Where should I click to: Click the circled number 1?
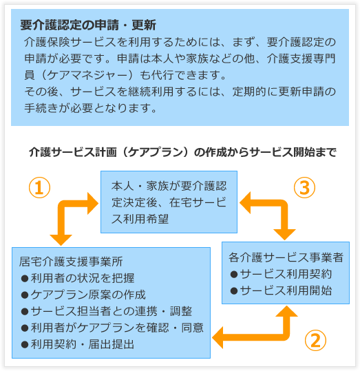(x=39, y=188)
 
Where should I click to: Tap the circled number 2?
(x=315, y=341)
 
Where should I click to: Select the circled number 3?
(x=304, y=188)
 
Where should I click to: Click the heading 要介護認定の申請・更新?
(x=88, y=25)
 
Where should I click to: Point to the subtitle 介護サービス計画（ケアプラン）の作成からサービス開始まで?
(x=182, y=152)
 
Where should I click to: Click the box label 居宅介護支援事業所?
(x=71, y=262)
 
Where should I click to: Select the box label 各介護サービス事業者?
(x=286, y=257)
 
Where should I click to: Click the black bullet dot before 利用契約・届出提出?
(x=25, y=345)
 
